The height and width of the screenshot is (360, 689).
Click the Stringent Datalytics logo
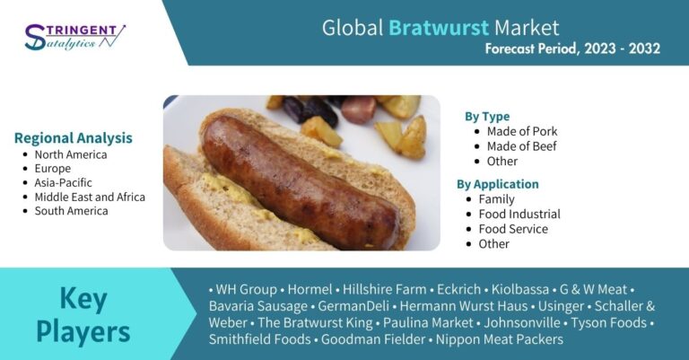[x=74, y=37]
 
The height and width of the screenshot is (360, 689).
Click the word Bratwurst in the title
[x=439, y=28]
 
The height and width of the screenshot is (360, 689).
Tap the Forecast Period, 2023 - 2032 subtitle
[x=572, y=48]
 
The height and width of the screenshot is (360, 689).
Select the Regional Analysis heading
[x=74, y=137]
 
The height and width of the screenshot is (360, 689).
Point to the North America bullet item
[x=71, y=154]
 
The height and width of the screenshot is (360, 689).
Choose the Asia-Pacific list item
[x=64, y=183]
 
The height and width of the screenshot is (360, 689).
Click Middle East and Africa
[x=90, y=197]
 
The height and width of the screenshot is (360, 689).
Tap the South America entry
[x=71, y=211]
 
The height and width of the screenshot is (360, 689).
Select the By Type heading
[x=487, y=117]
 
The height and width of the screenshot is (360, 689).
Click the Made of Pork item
[x=521, y=131]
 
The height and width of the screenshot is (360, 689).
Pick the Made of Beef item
[x=521, y=146]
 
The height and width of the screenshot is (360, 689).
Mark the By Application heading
[x=497, y=184]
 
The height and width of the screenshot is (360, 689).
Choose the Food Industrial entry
[x=519, y=214]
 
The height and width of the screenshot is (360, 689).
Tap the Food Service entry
[x=513, y=229]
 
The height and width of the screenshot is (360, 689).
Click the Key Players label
[x=83, y=315]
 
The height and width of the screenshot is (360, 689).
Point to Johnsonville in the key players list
[x=522, y=322]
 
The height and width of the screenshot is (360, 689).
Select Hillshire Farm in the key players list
[x=385, y=289]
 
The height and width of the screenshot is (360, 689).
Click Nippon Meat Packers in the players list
[x=499, y=339]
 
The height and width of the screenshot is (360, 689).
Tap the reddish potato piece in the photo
[x=359, y=110]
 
